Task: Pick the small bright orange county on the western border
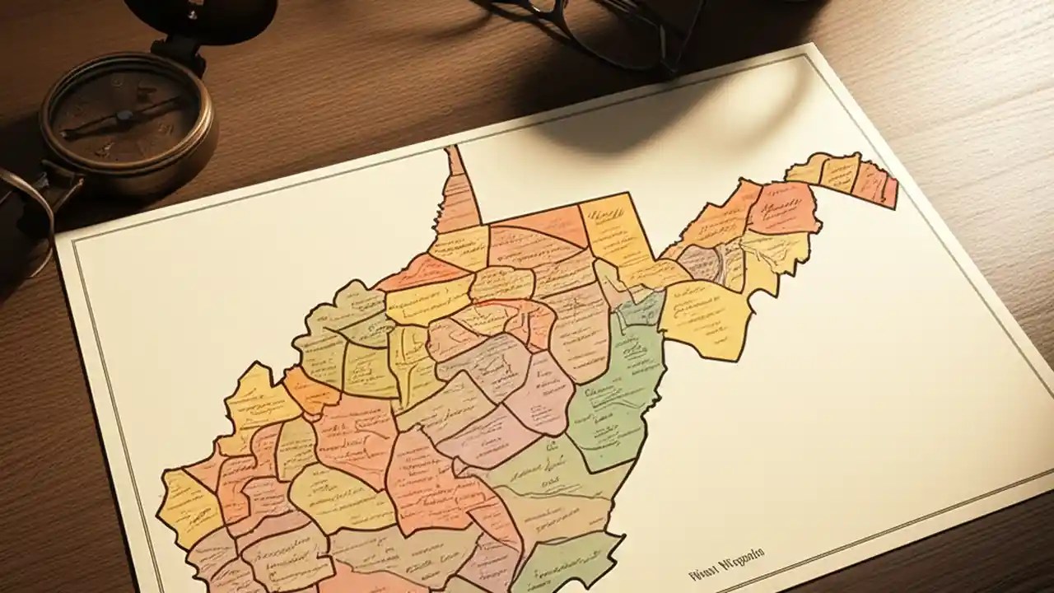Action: click(x=310, y=392)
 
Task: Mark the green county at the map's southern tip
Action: click(x=568, y=560)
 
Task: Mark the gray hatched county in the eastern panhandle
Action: click(x=704, y=264)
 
